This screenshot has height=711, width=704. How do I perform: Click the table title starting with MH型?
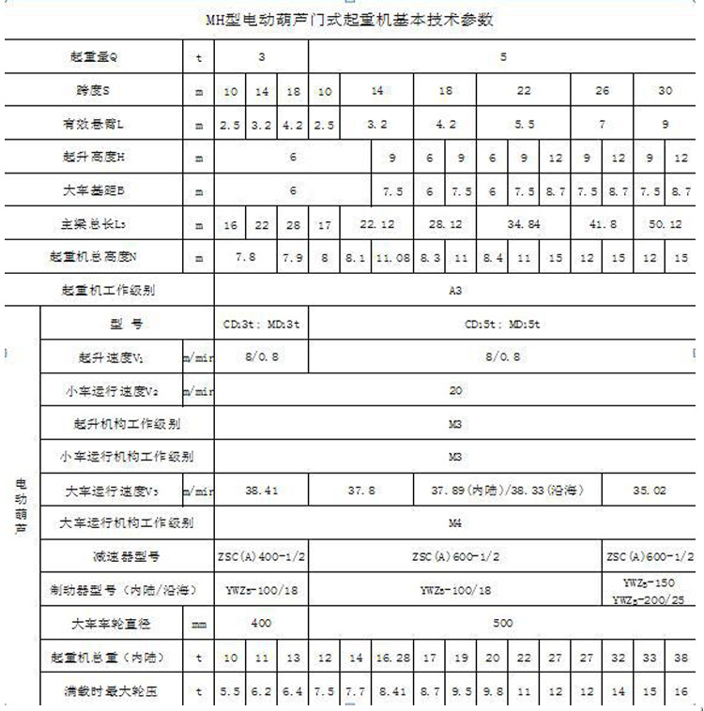point(349,19)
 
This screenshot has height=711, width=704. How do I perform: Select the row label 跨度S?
point(93,90)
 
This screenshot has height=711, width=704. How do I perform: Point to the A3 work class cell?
point(455,291)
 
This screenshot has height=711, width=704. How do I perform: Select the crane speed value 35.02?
point(649,490)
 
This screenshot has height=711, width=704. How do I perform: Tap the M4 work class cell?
point(455,522)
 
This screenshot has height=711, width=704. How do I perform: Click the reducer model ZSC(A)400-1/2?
point(260,556)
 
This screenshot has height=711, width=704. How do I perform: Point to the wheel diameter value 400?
point(260,623)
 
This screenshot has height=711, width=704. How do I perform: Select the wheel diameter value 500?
point(504,623)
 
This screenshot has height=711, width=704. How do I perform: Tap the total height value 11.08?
point(392,256)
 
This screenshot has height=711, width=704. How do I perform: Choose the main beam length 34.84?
point(524,224)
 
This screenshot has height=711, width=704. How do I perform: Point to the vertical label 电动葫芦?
point(21,507)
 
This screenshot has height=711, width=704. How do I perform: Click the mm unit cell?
point(199,623)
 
